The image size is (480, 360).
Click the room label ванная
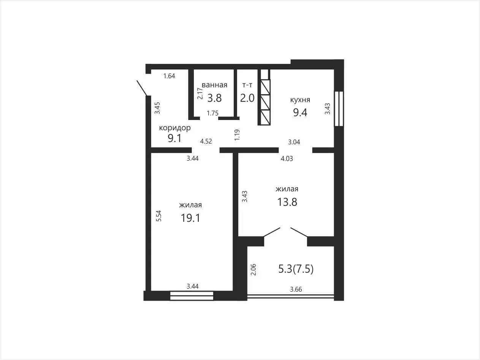click(x=214, y=85)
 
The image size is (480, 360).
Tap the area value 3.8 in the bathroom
click(x=214, y=98)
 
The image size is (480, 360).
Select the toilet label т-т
click(x=247, y=85)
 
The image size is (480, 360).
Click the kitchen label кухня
click(x=300, y=99)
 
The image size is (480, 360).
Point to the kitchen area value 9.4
click(x=300, y=112)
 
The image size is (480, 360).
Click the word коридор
click(x=175, y=128)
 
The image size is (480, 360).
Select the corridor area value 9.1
click(x=174, y=138)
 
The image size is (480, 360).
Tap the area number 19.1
click(x=190, y=218)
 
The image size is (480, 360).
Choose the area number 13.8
click(x=287, y=202)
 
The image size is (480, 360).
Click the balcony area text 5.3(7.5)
click(x=296, y=269)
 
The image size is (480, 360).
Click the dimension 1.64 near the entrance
click(x=169, y=76)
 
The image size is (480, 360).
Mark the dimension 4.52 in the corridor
click(x=206, y=141)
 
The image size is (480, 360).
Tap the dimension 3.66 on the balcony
click(x=296, y=289)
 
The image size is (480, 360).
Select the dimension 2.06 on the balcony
click(x=253, y=270)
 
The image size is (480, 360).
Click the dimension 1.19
click(x=237, y=135)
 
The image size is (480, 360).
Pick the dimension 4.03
click(x=287, y=158)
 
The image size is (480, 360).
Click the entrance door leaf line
click(x=142, y=88)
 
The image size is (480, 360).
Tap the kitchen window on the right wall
click(x=339, y=109)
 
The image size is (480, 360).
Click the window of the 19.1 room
click(x=192, y=296)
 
